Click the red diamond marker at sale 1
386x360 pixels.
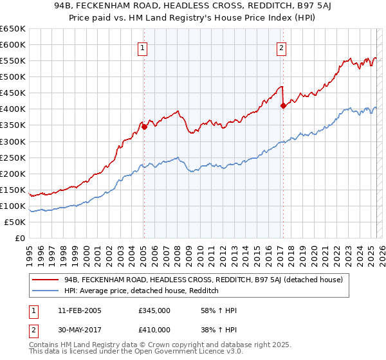point(144,127)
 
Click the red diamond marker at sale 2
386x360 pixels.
point(283,106)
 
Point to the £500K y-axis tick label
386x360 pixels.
point(13,76)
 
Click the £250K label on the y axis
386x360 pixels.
point(13,157)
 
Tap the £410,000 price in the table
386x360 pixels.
point(154,329)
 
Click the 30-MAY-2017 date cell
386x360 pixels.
point(79,329)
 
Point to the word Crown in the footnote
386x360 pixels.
point(151,345)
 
